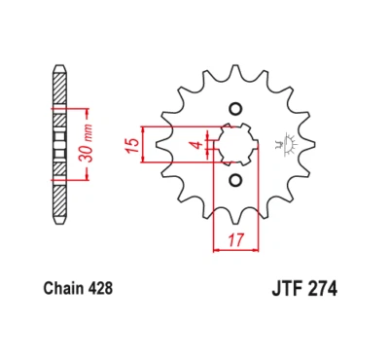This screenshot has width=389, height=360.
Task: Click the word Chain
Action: (x=63, y=288)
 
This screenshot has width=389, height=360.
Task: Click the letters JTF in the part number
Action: (x=282, y=288)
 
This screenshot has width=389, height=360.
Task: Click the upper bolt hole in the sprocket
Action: (x=233, y=109)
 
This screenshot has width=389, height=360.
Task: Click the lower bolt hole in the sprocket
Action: (x=233, y=180)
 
